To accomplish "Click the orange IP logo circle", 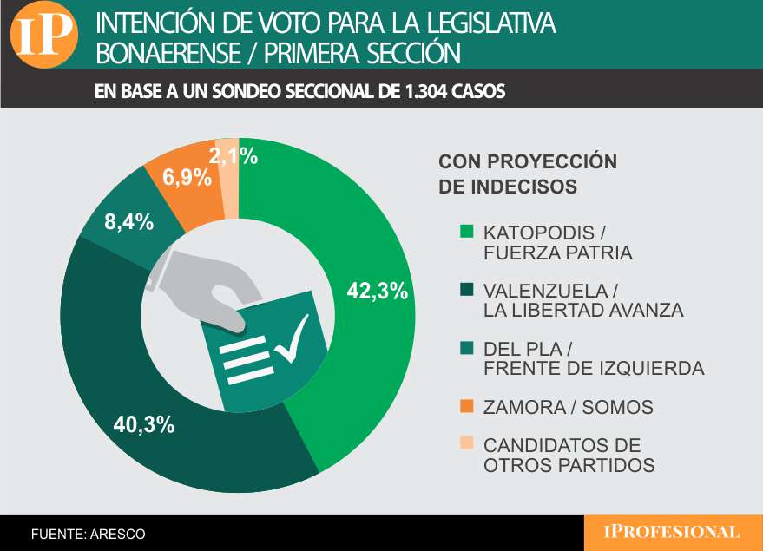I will pyautogui.click(x=43, y=36).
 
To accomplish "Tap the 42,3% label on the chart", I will pyautogui.click(x=377, y=292).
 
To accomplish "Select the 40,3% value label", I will pyautogui.click(x=144, y=425).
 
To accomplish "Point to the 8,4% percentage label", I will pyautogui.click(x=129, y=222).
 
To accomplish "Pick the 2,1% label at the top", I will pyautogui.click(x=234, y=156).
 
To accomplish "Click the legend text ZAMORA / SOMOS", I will pyautogui.click(x=568, y=407).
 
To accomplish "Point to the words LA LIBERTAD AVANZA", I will pyautogui.click(x=583, y=310).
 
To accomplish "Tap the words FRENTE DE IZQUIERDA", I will pyautogui.click(x=593, y=368).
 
